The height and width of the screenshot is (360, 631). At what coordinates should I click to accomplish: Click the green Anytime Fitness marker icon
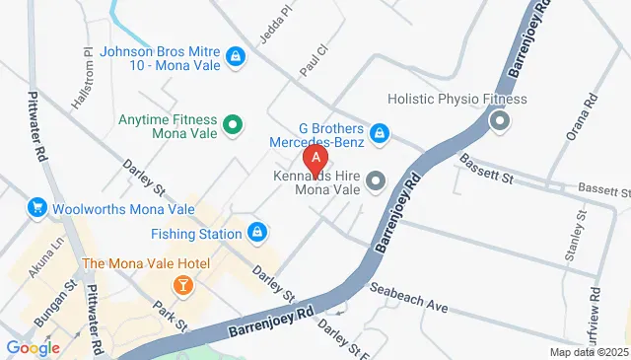pyautogui.click(x=233, y=124)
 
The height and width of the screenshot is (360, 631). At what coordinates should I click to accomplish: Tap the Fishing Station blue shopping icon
pyautogui.click(x=256, y=233)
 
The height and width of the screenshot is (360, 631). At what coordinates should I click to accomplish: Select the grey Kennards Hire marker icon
pyautogui.click(x=375, y=180)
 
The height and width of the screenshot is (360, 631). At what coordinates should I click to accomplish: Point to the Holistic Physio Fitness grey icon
pyautogui.click(x=500, y=122)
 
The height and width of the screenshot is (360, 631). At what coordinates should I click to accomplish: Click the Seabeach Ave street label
pyautogui.click(x=408, y=297)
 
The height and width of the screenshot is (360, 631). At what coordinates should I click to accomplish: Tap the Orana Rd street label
pyautogui.click(x=590, y=104)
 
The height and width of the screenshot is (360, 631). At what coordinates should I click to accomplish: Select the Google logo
pyautogui.click(x=33, y=347)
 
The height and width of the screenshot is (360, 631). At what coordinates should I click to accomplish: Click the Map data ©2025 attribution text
pyautogui.click(x=589, y=352)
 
